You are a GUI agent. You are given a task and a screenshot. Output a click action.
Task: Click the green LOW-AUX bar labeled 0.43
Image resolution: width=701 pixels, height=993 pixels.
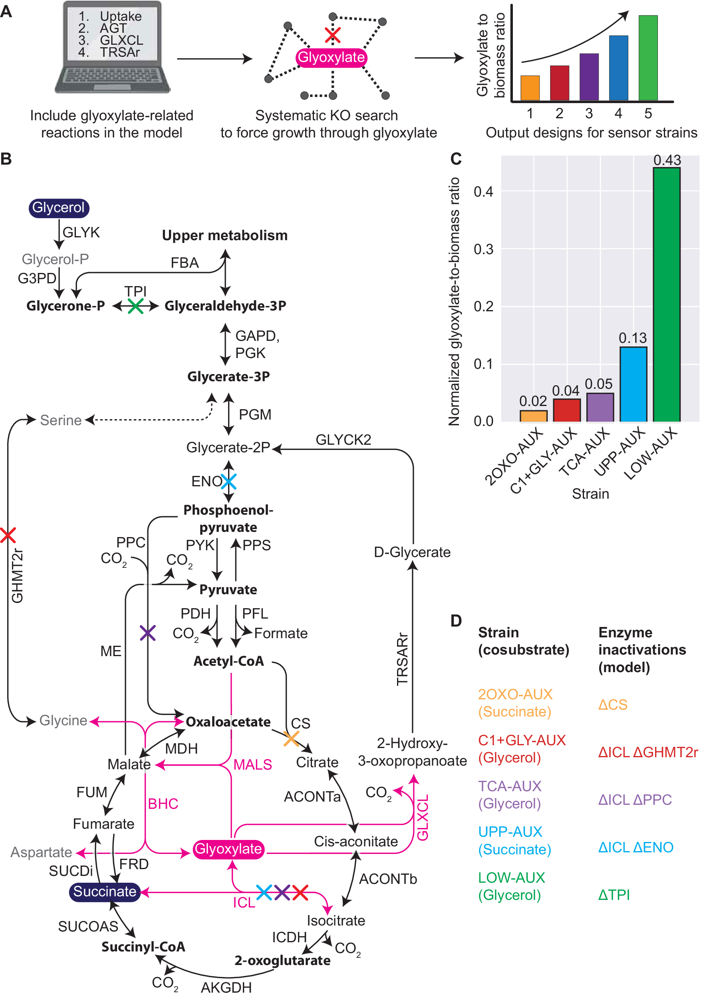click(x=666, y=294)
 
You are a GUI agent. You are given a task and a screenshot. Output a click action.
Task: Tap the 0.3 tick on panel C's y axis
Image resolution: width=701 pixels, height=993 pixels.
click(x=483, y=249)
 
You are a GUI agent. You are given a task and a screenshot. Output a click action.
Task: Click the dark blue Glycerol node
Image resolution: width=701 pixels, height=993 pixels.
click(x=59, y=208)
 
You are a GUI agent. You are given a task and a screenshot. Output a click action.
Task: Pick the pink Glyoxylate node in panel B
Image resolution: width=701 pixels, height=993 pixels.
click(x=228, y=849)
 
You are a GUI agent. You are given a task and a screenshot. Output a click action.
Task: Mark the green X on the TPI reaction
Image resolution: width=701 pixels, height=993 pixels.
click(x=135, y=306)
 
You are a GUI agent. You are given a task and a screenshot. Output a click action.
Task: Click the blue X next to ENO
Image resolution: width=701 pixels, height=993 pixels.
click(x=228, y=481)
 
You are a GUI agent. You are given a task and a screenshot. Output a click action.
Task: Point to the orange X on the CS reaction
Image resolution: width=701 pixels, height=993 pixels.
click(x=291, y=739)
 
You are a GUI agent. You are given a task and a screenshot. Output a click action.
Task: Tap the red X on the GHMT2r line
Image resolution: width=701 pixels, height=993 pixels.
click(x=8, y=535)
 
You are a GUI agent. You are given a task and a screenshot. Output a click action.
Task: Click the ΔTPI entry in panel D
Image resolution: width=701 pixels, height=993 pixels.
click(x=614, y=894)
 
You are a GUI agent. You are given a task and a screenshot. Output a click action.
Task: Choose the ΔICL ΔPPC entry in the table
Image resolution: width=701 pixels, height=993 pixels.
click(x=634, y=799)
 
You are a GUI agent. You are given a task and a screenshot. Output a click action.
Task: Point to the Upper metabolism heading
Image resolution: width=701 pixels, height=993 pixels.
click(x=225, y=235)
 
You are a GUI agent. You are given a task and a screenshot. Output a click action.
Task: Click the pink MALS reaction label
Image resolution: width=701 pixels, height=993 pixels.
click(x=252, y=765)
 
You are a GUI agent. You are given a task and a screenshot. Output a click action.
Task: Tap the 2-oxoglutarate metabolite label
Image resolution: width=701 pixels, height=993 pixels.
click(x=282, y=960)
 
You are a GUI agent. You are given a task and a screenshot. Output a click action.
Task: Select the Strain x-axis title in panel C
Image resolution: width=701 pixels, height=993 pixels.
click(x=590, y=494)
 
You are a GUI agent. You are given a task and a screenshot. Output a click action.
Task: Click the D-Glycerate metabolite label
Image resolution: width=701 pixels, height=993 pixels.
click(x=412, y=552)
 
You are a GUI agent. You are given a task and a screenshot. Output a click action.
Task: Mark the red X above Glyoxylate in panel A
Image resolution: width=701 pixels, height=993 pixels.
click(x=332, y=35)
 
